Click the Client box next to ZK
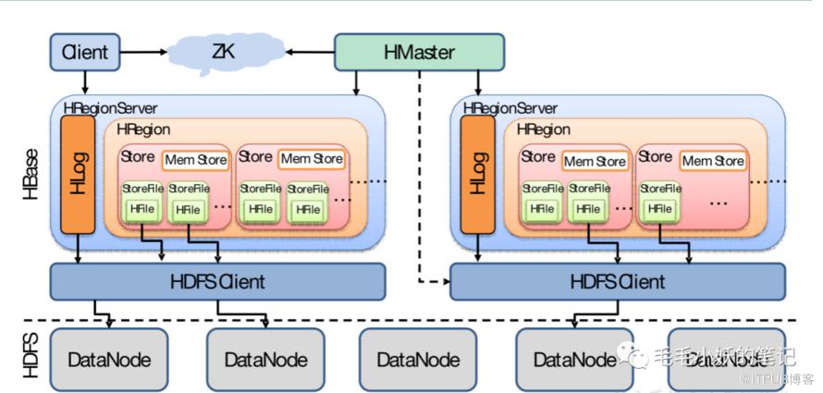[x=84, y=53]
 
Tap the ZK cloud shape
[x=223, y=53]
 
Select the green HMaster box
[x=419, y=53]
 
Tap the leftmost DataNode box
[x=109, y=359]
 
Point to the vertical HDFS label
[x=29, y=360]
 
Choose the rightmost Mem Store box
[x=713, y=161]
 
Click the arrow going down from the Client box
[x=84, y=82]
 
